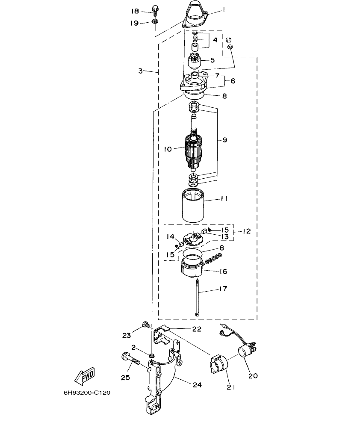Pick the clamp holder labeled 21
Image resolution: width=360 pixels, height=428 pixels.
[218, 365]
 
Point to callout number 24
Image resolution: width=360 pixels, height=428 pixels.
[196, 384]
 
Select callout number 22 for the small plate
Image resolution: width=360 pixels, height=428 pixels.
[197, 328]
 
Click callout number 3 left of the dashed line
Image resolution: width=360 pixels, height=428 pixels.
[141, 71]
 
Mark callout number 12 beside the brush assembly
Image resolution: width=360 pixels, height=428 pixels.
[246, 231]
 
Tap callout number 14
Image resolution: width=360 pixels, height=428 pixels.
[171, 236]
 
